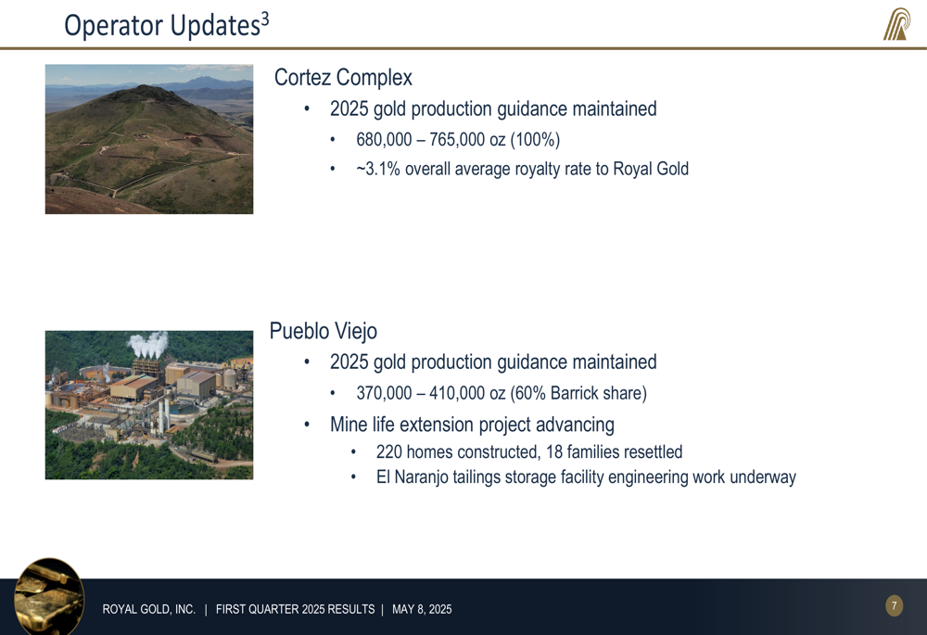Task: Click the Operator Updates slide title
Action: pyautogui.click(x=166, y=25)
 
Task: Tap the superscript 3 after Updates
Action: pyautogui.click(x=265, y=19)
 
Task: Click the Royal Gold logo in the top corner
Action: pyautogui.click(x=896, y=24)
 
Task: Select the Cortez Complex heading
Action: pyautogui.click(x=343, y=78)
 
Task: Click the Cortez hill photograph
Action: pyautogui.click(x=149, y=139)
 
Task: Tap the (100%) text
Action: pyautogui.click(x=535, y=140)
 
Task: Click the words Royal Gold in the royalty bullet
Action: pyautogui.click(x=651, y=169)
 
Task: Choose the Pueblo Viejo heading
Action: pyautogui.click(x=323, y=331)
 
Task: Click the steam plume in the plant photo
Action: pyautogui.click(x=147, y=344)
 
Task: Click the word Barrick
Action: pyautogui.click(x=572, y=393)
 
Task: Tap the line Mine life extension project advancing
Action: pyautogui.click(x=472, y=425)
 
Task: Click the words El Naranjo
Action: pyautogui.click(x=413, y=477)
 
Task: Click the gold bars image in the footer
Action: pyautogui.click(x=49, y=596)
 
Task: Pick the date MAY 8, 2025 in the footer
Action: pyautogui.click(x=422, y=609)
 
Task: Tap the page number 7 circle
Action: pyautogui.click(x=894, y=605)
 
